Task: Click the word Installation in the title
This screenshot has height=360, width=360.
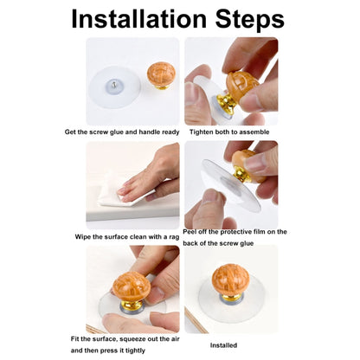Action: coord(138,19)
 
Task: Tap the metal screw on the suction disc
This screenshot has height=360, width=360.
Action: coord(114,85)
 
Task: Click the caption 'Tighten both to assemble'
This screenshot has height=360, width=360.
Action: coord(229,132)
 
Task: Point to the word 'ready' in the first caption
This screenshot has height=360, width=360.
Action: coord(170,132)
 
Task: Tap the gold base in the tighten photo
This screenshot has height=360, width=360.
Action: coord(227,101)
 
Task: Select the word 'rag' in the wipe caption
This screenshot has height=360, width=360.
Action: coord(174,237)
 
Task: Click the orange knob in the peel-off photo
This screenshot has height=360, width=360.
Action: coord(247,164)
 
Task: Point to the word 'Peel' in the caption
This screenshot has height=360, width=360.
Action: coord(189,232)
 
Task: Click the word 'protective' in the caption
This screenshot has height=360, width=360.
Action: coord(228,232)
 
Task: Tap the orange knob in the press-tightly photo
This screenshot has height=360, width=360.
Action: coord(132,286)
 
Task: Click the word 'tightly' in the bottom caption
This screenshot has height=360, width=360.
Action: coord(134,351)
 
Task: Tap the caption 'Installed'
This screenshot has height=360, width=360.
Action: coord(223,345)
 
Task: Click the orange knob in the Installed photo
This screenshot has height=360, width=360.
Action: coord(230,279)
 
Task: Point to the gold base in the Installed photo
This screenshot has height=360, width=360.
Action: coord(231,298)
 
